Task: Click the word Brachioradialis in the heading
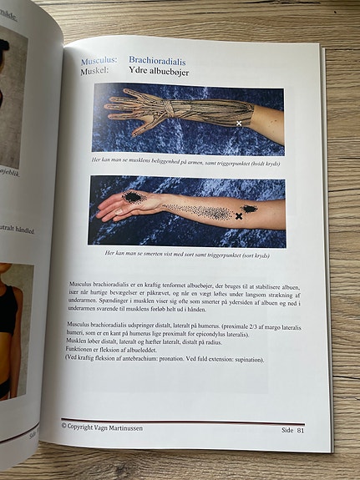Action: (157, 61)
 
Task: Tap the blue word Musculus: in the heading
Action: (99, 61)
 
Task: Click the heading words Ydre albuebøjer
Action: (159, 72)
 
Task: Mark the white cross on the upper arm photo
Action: (240, 123)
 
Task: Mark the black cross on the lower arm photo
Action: (239, 216)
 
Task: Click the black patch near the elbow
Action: (249, 209)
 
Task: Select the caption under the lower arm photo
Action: (185, 251)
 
